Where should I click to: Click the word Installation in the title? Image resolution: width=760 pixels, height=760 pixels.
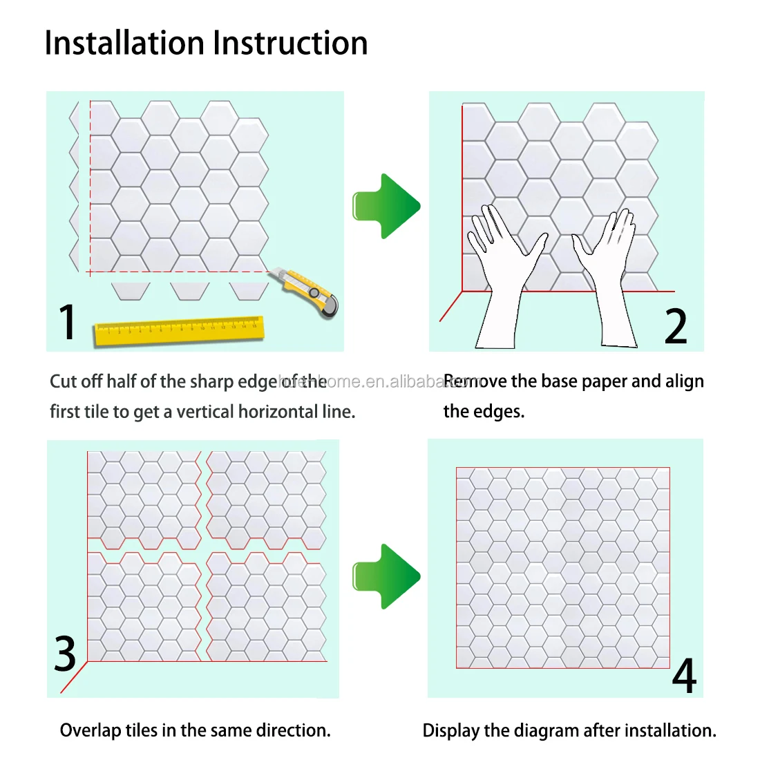125,43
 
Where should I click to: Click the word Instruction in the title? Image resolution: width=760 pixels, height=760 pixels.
290,43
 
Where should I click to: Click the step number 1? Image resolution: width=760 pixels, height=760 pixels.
67,322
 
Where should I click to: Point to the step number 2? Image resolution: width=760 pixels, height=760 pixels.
676,326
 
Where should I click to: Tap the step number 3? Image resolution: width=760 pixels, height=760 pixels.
66,654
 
